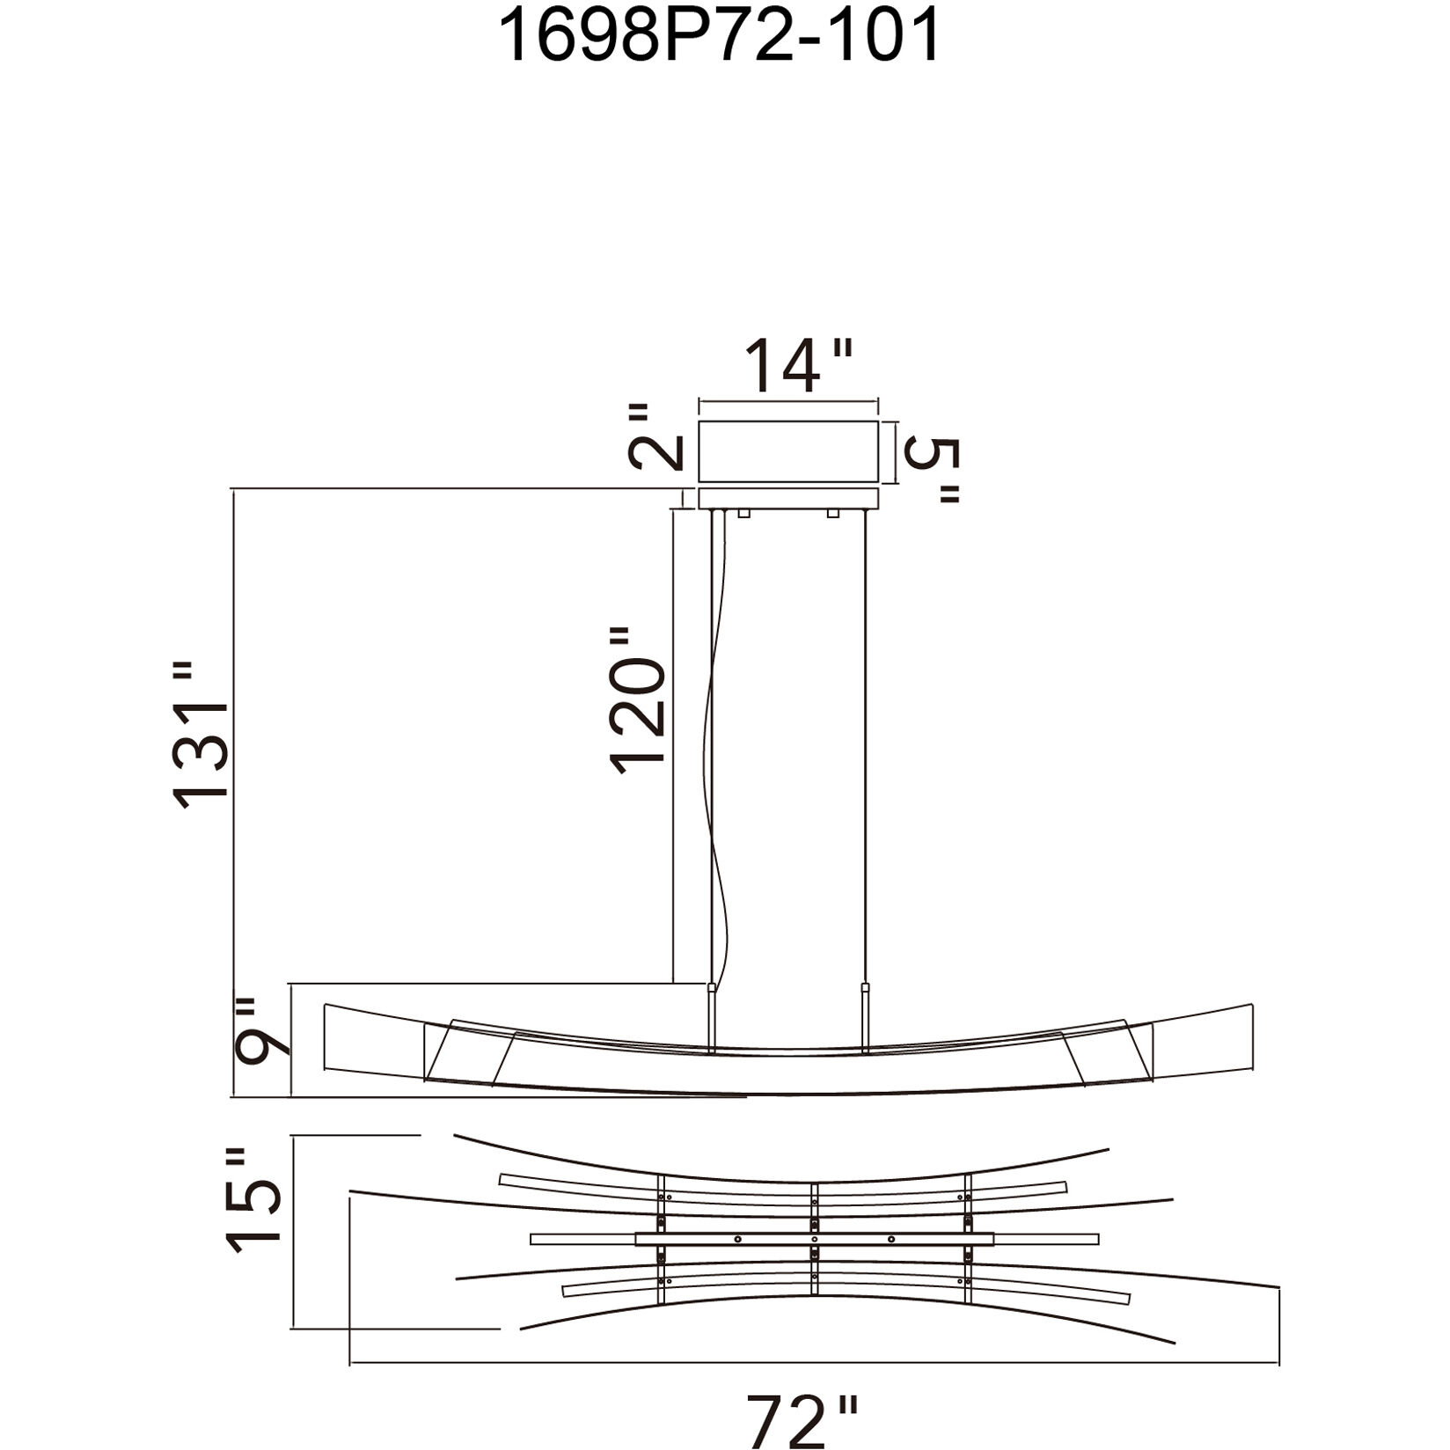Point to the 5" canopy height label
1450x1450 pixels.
[929, 470]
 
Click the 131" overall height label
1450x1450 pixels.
[201, 735]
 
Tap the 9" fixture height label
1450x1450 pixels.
[261, 1028]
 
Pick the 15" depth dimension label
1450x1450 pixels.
[254, 1198]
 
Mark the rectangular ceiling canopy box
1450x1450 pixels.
[788, 452]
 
